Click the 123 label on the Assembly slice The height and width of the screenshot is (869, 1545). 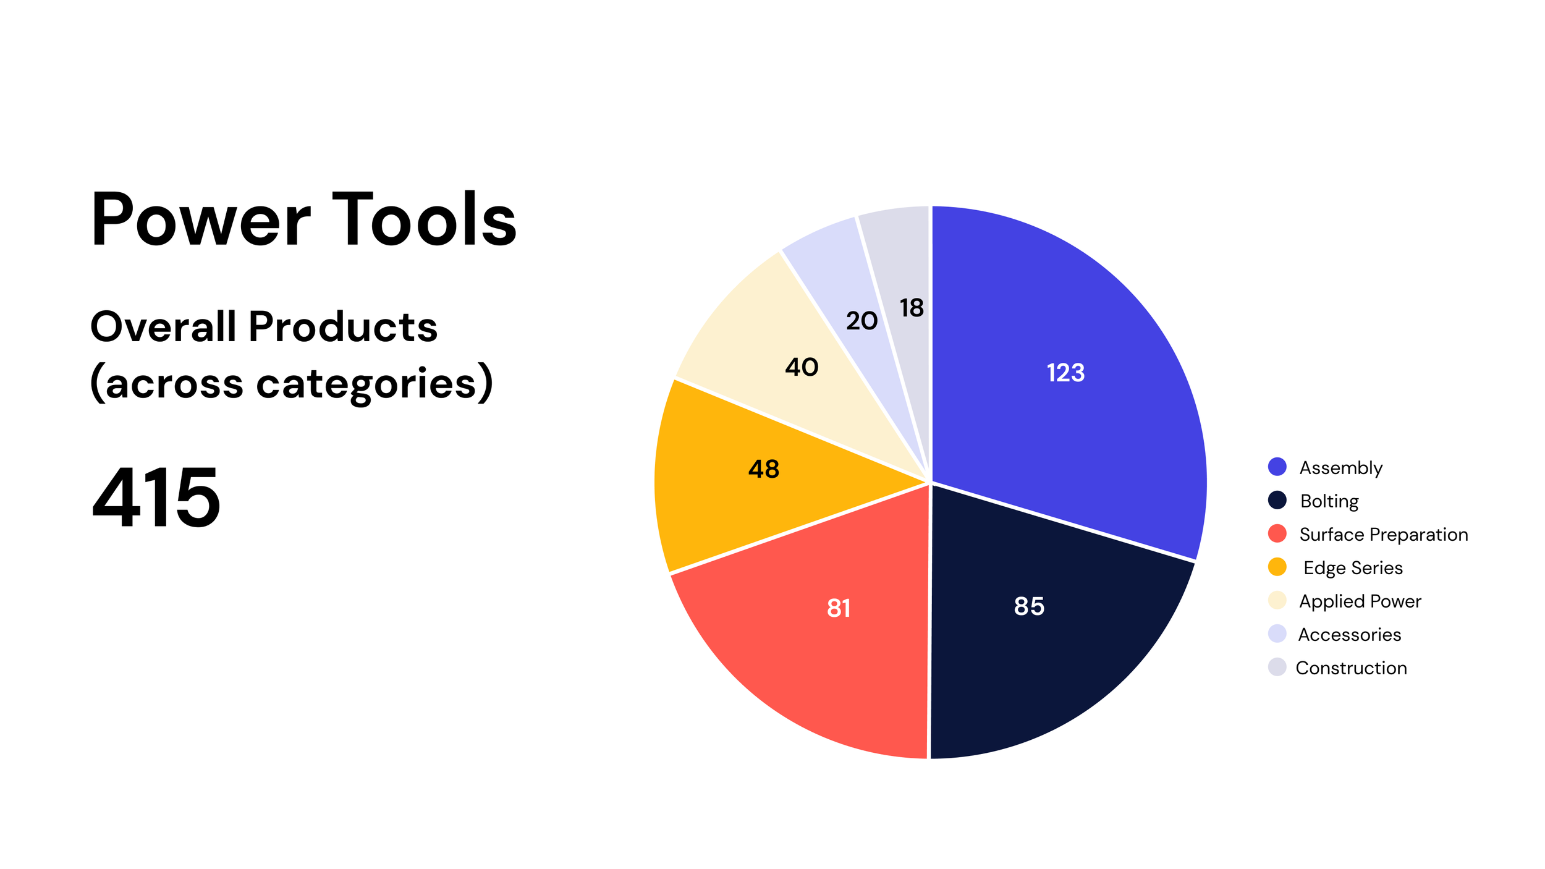point(1065,373)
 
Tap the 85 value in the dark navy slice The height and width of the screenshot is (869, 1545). point(1029,606)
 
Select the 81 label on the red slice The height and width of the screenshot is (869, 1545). point(839,608)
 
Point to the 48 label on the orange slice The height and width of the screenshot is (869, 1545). point(764,469)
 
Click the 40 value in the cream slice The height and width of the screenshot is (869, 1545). point(802,368)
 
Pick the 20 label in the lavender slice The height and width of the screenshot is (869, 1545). point(861,321)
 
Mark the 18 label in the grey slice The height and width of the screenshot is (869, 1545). point(912,308)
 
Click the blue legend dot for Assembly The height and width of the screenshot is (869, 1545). point(1277,467)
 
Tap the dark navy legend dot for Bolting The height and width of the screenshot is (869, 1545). point(1277,500)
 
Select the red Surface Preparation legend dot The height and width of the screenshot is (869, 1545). point(1277,533)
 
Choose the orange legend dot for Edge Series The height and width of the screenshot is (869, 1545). point(1277,567)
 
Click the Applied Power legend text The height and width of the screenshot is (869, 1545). point(1360,601)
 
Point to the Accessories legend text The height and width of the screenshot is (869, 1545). point(1350,635)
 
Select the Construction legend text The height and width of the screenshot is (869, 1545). point(1351,668)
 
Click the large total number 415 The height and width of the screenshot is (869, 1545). point(156,497)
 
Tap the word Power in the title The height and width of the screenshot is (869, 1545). point(201,219)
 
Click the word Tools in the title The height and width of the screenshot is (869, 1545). point(425,219)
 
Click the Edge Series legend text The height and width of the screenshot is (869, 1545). point(1353,568)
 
